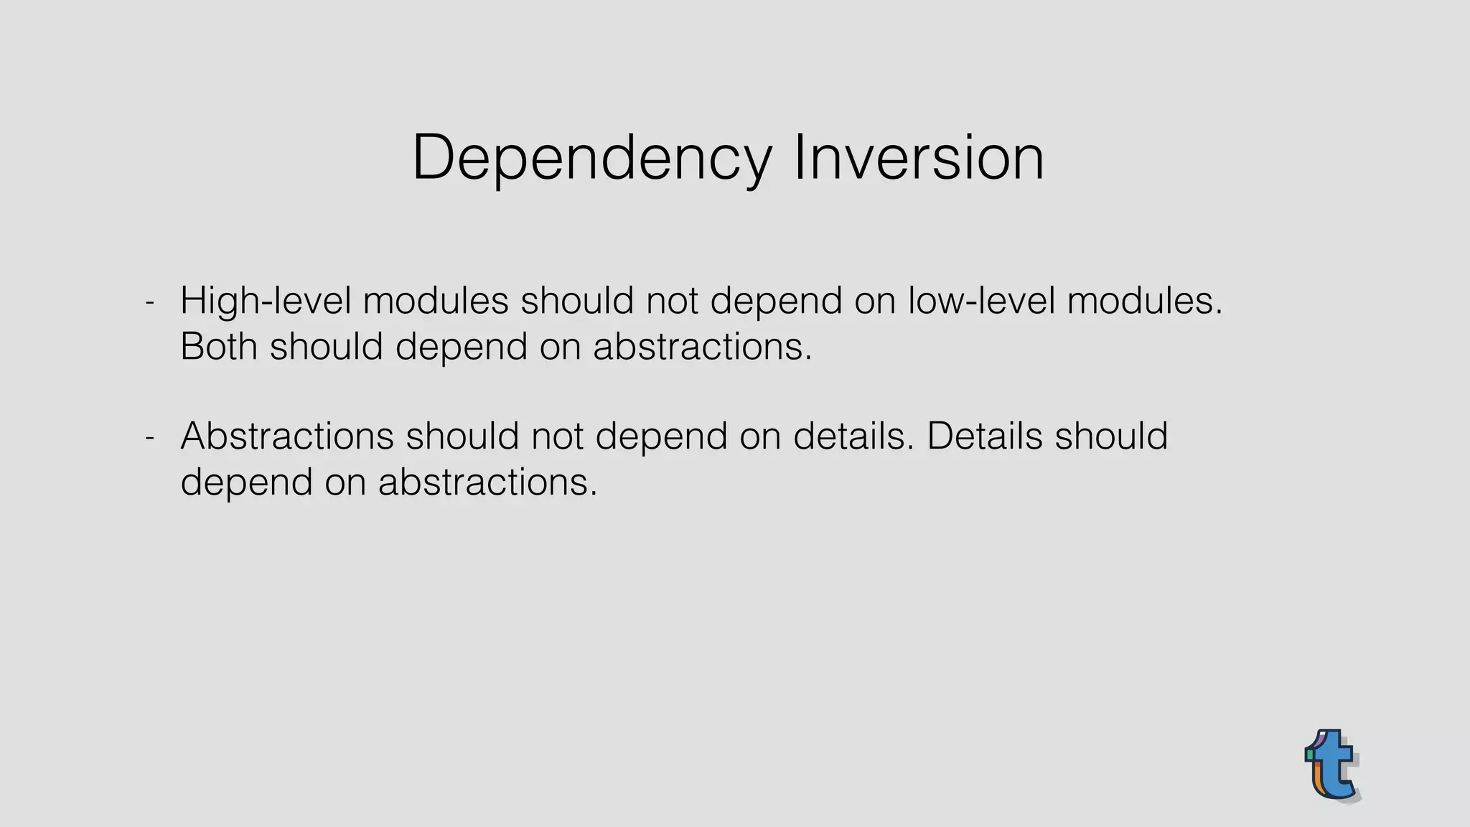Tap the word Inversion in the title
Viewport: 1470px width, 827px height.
919,158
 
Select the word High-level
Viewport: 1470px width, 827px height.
266,301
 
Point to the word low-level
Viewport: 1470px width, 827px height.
981,301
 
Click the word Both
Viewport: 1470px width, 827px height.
219,347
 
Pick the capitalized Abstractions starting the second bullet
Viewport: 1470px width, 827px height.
287,436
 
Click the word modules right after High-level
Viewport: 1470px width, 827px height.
436,301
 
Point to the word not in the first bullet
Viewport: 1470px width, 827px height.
672,301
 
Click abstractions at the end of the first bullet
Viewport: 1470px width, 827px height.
702,347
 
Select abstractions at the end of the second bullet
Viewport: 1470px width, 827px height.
487,482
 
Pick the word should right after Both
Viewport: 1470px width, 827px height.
327,347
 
